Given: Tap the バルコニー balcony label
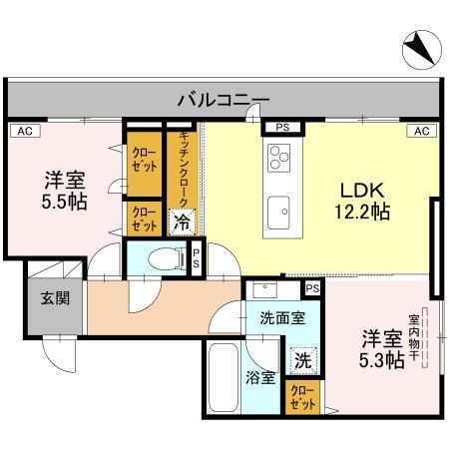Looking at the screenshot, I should click(224, 99).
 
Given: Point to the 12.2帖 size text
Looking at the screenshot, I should click(359, 213).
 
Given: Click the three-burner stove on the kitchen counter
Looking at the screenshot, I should click(278, 157).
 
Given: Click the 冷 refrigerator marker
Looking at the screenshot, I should click(183, 222).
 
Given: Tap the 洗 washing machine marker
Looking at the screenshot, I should click(301, 360).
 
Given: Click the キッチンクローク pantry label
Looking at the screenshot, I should click(184, 168).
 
